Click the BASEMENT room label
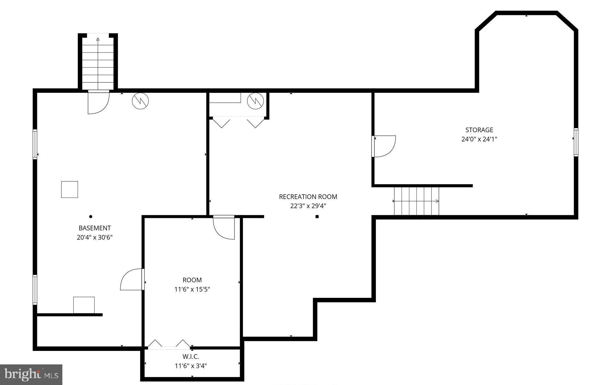(95, 228)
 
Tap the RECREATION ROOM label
(308, 197)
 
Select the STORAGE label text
(479, 130)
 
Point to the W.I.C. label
(191, 356)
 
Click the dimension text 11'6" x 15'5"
(192, 289)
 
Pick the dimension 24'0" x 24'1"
(479, 139)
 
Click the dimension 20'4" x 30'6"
(95, 238)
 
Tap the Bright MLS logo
(31, 375)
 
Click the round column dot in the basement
(91, 216)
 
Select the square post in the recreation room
(317, 217)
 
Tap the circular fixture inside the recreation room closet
(255, 101)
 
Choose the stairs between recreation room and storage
(416, 201)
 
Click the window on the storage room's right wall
(576, 142)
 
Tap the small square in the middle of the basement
(70, 189)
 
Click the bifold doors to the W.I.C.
(169, 344)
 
